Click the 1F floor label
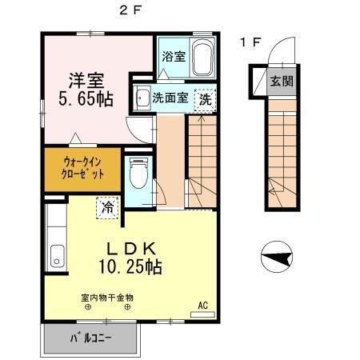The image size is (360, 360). coord(250,43)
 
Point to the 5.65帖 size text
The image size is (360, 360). coord(85,99)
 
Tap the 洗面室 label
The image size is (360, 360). coord(170,98)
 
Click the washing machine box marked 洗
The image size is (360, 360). coord(206,99)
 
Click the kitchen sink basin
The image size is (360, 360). coord(56,258)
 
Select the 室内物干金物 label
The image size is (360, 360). coord(106,297)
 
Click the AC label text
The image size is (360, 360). coord(202,304)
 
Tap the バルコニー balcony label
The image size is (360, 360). coord(90,338)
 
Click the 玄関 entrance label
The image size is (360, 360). coord(281,81)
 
